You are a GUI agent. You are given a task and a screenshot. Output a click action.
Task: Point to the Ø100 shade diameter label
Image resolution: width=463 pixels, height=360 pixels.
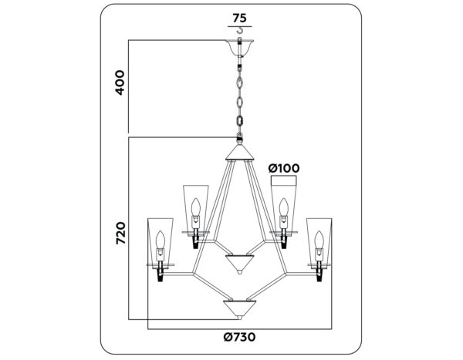pos(283,168)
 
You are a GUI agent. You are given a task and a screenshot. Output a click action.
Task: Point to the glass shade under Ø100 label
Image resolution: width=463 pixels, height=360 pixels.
pos(285,205)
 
